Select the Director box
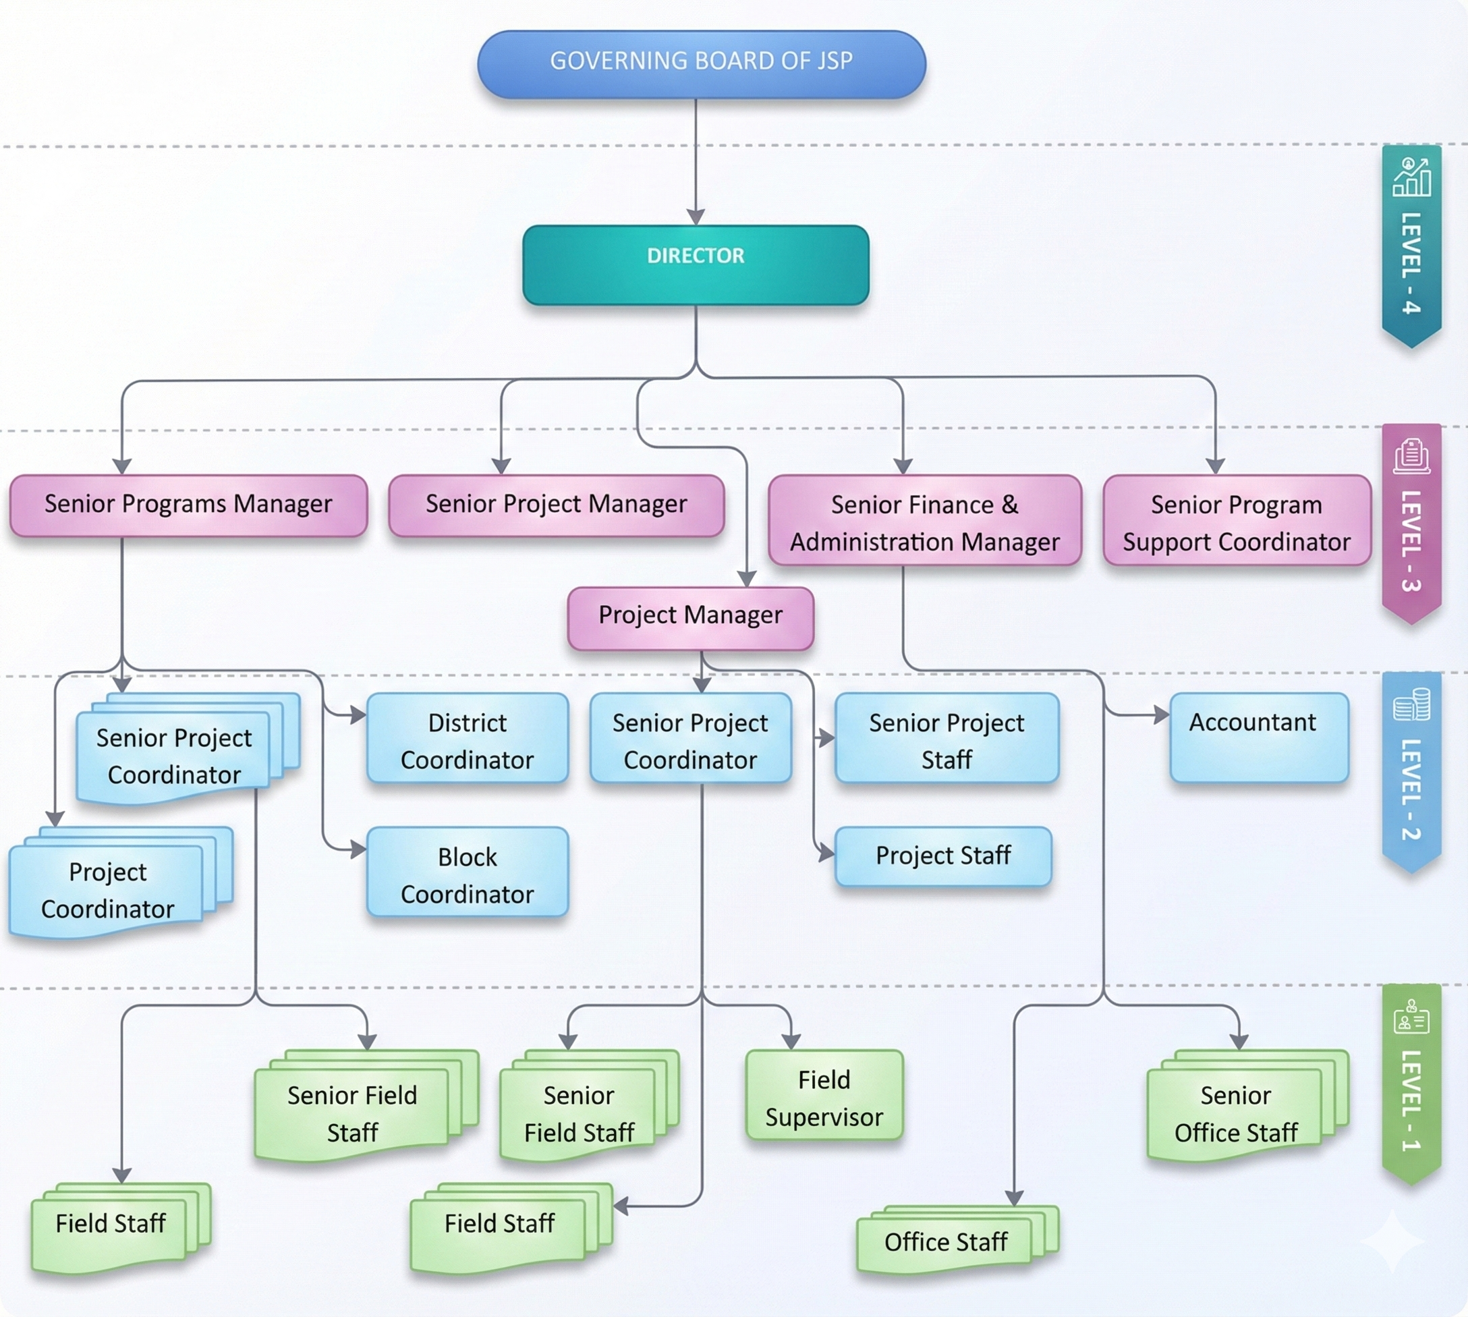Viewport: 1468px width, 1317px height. (696, 264)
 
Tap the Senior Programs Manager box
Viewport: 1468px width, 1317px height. (188, 505)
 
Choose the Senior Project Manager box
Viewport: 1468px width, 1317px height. (556, 505)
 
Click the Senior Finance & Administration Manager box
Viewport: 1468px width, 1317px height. (924, 521)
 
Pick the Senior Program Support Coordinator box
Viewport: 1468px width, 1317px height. (1236, 521)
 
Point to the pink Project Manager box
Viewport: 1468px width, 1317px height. (690, 617)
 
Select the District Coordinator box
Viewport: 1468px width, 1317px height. (467, 738)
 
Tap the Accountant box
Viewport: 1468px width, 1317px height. (1259, 737)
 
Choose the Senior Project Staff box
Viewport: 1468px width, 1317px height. (947, 738)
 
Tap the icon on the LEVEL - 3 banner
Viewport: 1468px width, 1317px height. (1411, 456)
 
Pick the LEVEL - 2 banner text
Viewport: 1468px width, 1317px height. (1411, 789)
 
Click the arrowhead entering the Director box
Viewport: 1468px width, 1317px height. (696, 218)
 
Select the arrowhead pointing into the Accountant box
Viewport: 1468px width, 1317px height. (1162, 715)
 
